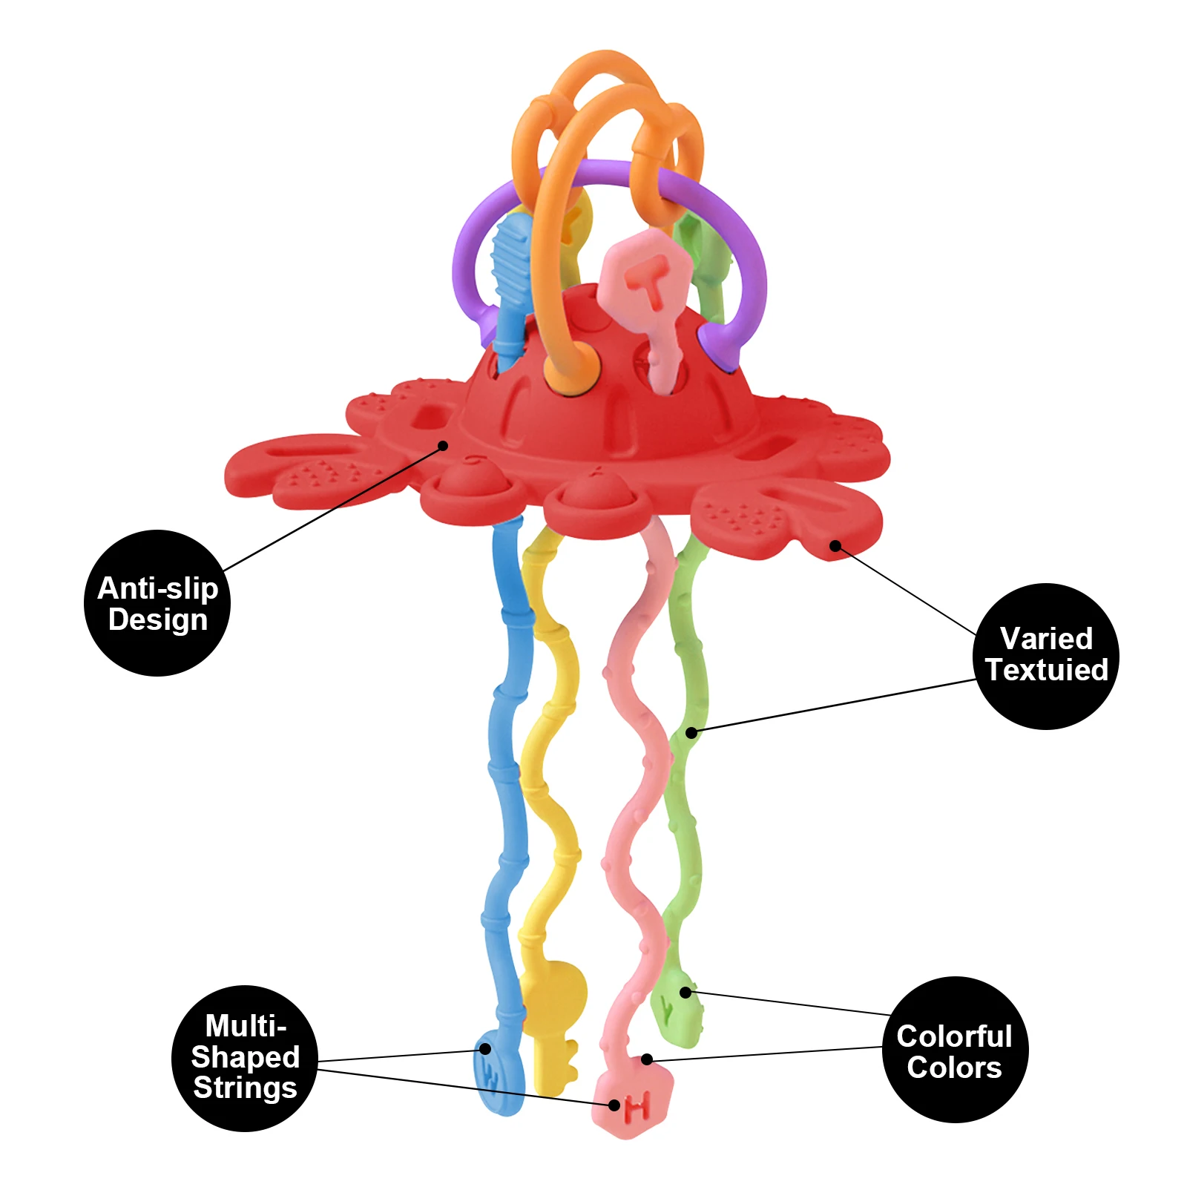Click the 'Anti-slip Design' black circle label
pyautogui.click(x=157, y=603)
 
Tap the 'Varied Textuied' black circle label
pyautogui.click(x=1045, y=656)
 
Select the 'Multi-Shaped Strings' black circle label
pyautogui.click(x=245, y=1058)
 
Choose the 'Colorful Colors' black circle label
pyautogui.click(x=955, y=1050)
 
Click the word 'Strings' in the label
pyautogui.click(x=245, y=1088)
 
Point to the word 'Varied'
pyautogui.click(x=1046, y=639)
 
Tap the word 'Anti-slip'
pyautogui.click(x=157, y=588)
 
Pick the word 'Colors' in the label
pyautogui.click(x=954, y=1068)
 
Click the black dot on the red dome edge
pyautogui.click(x=443, y=446)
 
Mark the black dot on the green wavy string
pyautogui.click(x=691, y=733)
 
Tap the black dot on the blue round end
pyautogui.click(x=484, y=1048)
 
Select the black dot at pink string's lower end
pyautogui.click(x=647, y=1059)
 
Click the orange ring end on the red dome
pyautogui.click(x=562, y=368)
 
